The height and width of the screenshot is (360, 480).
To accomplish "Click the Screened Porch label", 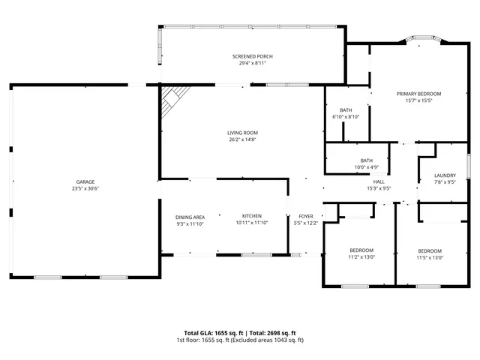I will (252, 57).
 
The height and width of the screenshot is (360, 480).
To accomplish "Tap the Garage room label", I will (85, 181).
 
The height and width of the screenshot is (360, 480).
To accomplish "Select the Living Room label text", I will (242, 133).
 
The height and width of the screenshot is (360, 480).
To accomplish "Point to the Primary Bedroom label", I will (418, 94).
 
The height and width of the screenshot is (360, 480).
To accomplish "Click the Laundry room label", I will (445, 175).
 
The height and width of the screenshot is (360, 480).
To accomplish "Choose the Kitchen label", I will (251, 216).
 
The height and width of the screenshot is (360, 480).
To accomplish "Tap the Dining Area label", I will (190, 216).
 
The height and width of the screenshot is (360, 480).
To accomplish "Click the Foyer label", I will (306, 216).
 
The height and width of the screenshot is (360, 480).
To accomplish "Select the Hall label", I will (379, 181).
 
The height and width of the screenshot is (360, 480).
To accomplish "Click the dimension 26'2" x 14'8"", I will (242, 139).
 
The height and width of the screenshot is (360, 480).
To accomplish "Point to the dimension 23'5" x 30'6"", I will (85, 188).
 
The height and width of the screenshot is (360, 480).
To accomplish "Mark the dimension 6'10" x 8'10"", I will (346, 117).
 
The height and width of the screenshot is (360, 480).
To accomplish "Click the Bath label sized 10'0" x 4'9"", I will (366, 160).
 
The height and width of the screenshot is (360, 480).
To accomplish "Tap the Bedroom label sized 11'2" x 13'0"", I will (361, 250).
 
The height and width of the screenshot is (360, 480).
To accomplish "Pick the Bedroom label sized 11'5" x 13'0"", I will (430, 250).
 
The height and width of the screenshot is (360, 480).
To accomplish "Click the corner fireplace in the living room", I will (174, 97).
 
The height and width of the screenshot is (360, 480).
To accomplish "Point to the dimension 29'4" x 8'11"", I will (252, 64).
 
